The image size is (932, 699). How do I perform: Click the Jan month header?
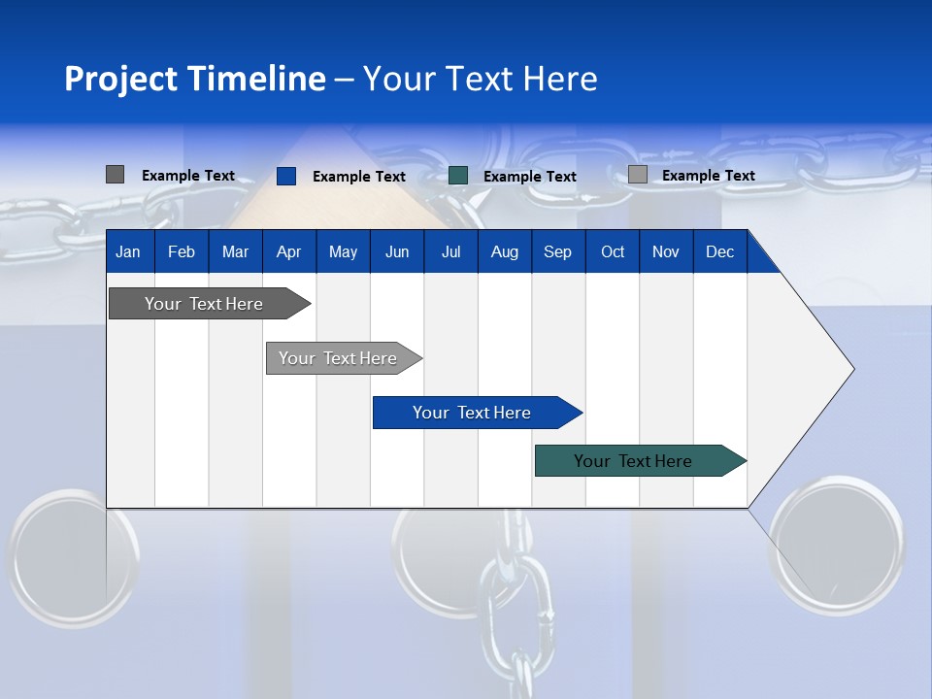(x=128, y=252)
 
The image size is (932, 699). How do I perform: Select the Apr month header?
(x=288, y=252)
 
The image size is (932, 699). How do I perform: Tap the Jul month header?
(x=450, y=252)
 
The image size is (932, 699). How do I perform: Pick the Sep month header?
(x=557, y=252)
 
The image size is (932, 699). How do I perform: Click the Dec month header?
(x=719, y=252)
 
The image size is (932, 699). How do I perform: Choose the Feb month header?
(x=182, y=252)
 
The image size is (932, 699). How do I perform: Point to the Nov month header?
(x=665, y=252)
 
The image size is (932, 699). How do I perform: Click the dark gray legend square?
(x=115, y=175)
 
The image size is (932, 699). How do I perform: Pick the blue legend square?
(x=285, y=176)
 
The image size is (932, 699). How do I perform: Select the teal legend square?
(x=458, y=176)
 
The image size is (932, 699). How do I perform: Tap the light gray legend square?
(x=637, y=175)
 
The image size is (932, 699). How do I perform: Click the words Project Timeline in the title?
(x=194, y=79)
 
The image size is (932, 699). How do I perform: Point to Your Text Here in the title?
(x=481, y=79)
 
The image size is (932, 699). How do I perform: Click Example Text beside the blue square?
(x=358, y=177)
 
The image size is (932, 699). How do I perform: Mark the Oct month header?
(x=613, y=252)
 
